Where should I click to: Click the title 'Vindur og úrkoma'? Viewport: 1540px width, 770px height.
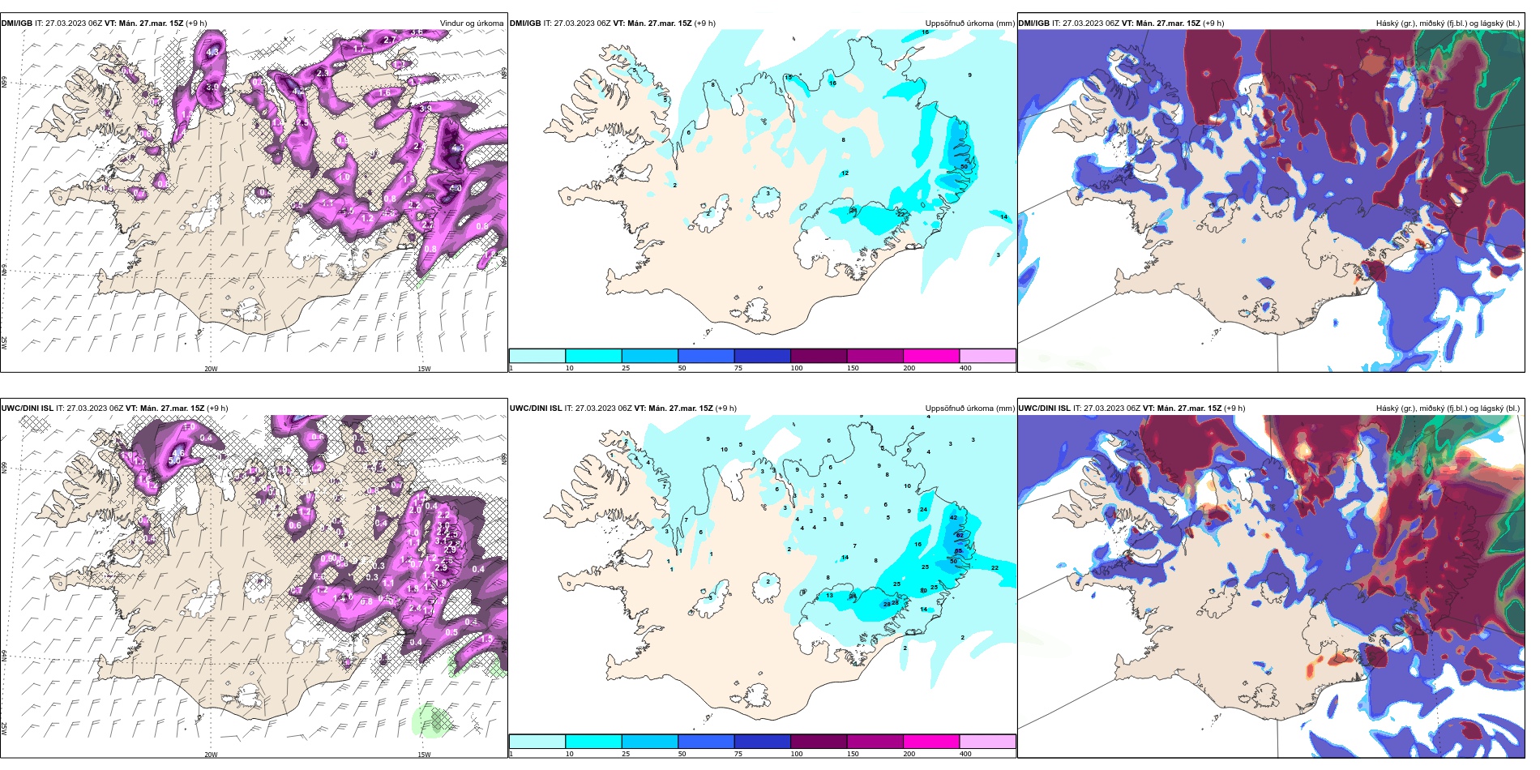(x=471, y=24)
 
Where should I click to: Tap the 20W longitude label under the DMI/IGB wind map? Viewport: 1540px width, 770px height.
(x=211, y=369)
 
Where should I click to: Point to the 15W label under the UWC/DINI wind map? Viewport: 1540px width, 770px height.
(x=424, y=755)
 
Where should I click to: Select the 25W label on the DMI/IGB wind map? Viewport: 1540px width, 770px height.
(x=4, y=342)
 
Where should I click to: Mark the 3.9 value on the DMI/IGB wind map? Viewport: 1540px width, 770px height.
(x=425, y=108)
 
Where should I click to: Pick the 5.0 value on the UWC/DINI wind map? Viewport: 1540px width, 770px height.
(x=175, y=460)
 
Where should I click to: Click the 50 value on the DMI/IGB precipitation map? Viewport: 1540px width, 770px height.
(x=964, y=166)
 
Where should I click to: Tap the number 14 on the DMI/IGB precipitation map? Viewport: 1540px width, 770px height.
(x=1003, y=216)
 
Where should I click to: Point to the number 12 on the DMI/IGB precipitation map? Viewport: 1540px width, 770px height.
(x=845, y=173)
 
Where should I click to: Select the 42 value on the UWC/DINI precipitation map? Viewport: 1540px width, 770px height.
(x=953, y=517)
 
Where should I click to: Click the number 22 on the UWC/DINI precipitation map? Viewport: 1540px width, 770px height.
(x=995, y=567)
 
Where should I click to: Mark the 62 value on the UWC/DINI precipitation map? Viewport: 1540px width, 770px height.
(x=959, y=535)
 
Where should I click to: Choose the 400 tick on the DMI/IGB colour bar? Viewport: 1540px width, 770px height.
(x=965, y=368)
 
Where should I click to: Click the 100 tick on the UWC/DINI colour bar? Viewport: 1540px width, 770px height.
(x=797, y=754)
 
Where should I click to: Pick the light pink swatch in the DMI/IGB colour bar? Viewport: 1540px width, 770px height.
(x=987, y=356)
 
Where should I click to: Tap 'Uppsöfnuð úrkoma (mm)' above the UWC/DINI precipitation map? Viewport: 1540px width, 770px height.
(x=969, y=409)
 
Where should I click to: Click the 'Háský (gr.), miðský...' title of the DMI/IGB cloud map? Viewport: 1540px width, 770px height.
(x=1448, y=24)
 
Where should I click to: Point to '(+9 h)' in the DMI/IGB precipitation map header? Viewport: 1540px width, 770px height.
(x=705, y=24)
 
